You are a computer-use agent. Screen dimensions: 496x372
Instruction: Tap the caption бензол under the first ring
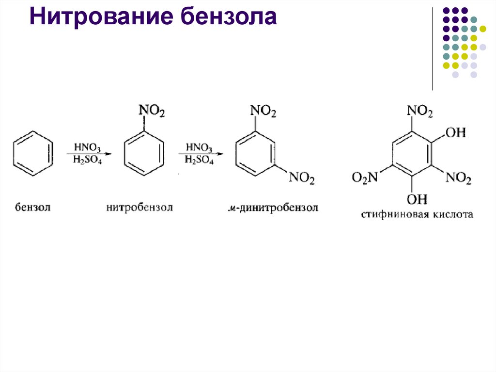[33, 208]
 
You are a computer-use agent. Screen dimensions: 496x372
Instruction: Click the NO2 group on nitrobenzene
[152, 112]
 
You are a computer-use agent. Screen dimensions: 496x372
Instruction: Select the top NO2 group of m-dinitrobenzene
[263, 112]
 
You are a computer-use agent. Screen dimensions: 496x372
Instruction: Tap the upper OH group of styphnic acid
[455, 132]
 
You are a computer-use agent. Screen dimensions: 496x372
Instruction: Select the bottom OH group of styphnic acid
[417, 199]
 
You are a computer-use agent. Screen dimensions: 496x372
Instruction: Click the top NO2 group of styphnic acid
[419, 111]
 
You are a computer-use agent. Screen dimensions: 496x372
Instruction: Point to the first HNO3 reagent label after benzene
[88, 146]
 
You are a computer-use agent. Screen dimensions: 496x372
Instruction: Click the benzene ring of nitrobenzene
[144, 154]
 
